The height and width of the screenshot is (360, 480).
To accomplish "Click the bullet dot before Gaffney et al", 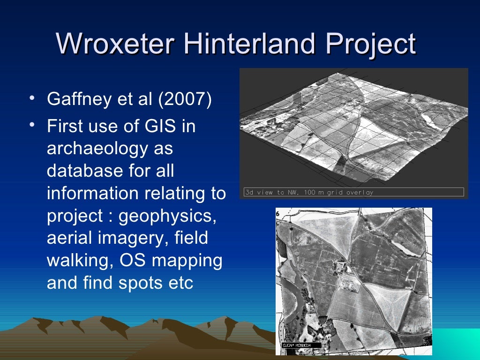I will [x=31, y=99].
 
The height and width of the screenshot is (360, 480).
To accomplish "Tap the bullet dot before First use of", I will [x=31, y=125].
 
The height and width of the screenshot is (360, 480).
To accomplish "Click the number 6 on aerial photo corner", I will [x=277, y=213].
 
